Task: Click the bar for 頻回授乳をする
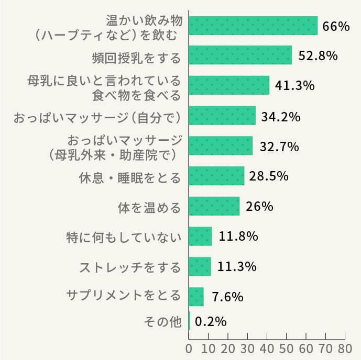(x=240, y=55)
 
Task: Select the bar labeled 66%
(x=253, y=26)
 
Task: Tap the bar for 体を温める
(x=214, y=206)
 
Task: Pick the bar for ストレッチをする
(x=200, y=266)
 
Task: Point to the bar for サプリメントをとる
(x=196, y=296)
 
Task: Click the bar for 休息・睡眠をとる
(x=216, y=176)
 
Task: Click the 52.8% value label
(x=318, y=55)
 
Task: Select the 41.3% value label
(x=295, y=85)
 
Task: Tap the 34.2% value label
(x=281, y=116)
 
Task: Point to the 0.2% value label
(x=211, y=321)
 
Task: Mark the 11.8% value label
(x=238, y=236)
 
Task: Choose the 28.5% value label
(x=269, y=176)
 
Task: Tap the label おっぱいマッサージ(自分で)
(x=97, y=116)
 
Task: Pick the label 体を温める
(x=149, y=207)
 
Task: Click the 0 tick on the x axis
(x=189, y=348)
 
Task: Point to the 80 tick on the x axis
(x=344, y=348)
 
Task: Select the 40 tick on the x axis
(x=267, y=348)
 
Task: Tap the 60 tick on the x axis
(x=305, y=348)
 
